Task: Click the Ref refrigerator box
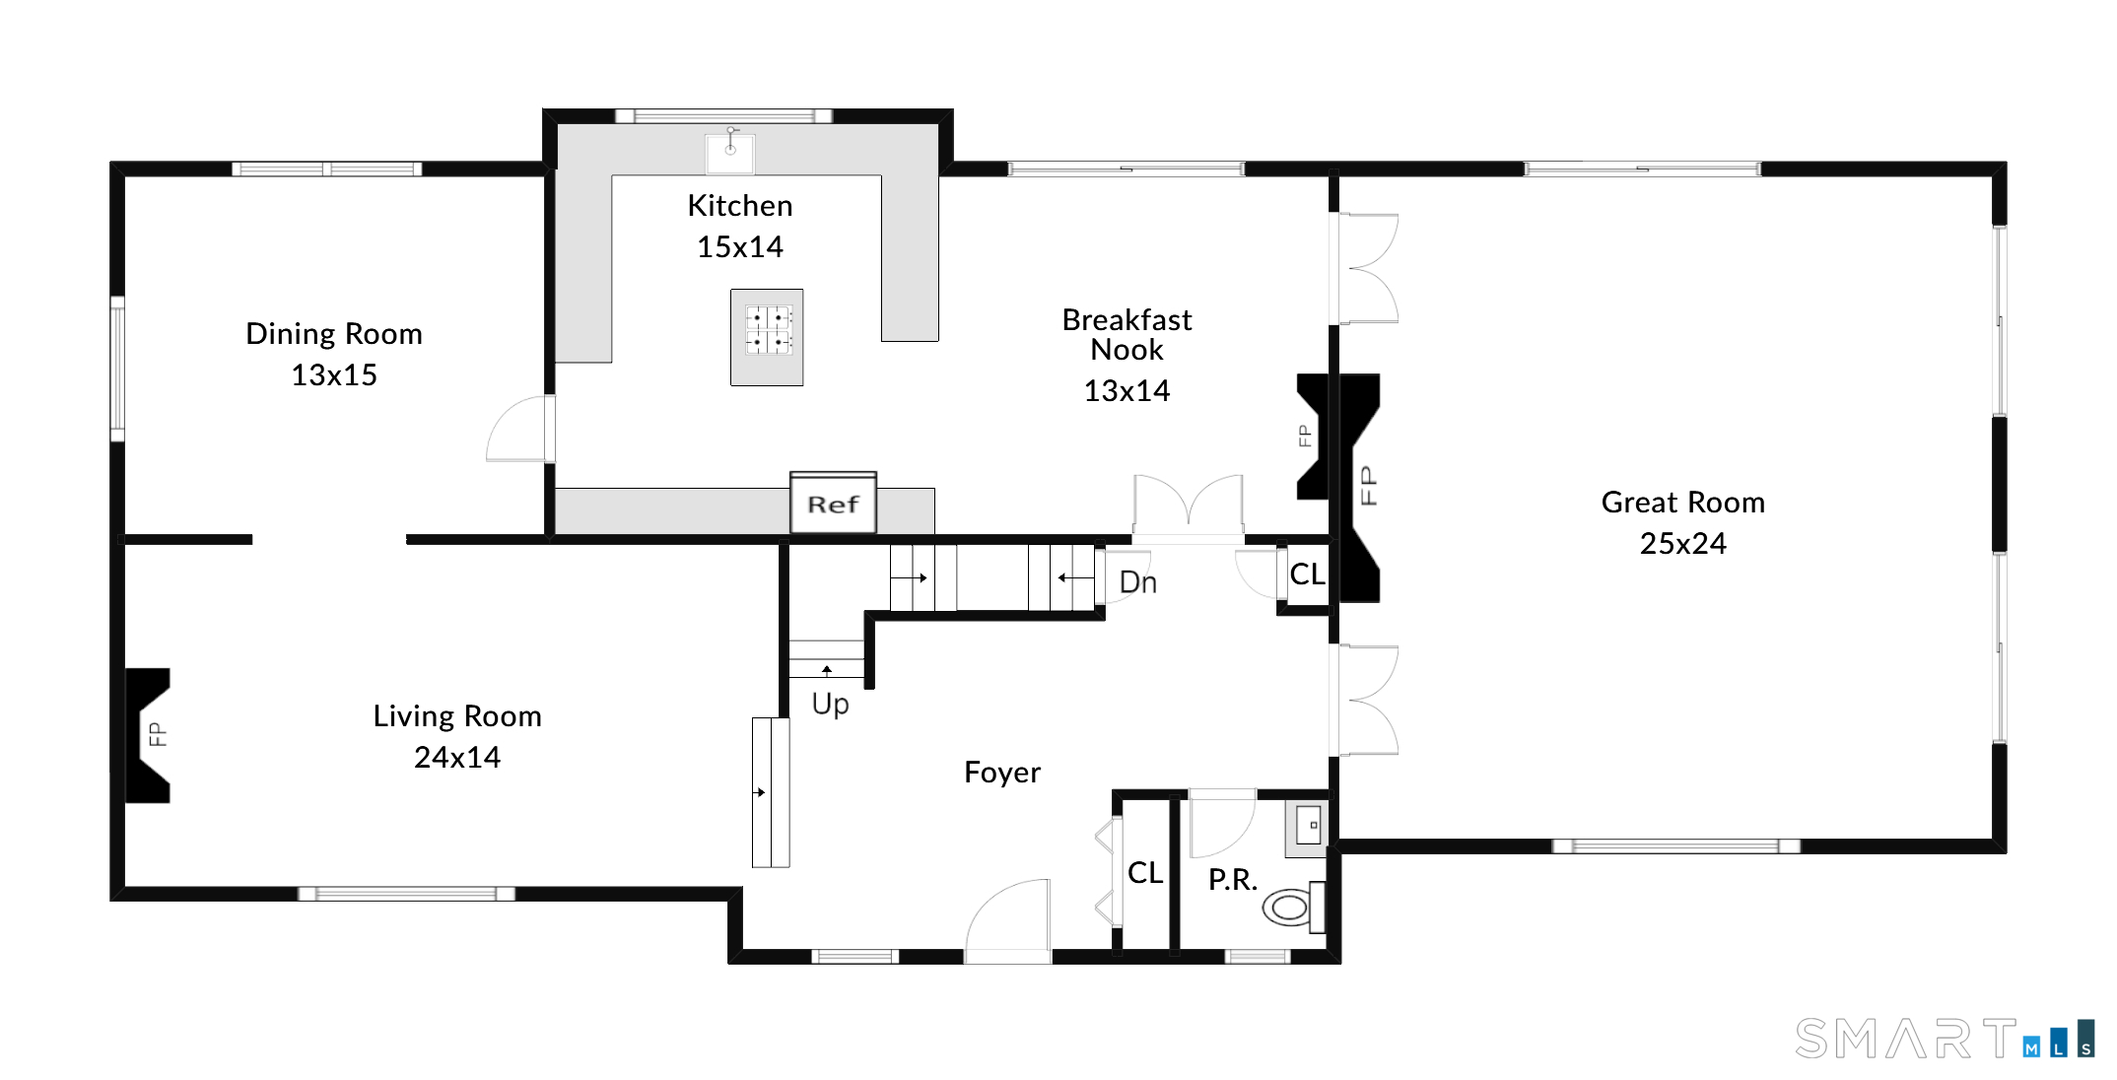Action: tap(833, 505)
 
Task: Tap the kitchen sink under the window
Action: tap(730, 153)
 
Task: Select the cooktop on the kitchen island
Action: tap(768, 330)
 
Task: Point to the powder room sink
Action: tap(1308, 826)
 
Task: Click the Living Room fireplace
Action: tap(148, 735)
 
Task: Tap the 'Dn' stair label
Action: tap(1138, 582)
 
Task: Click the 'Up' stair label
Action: tap(830, 704)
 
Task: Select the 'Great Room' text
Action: tap(1682, 503)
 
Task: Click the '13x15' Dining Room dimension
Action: tap(334, 375)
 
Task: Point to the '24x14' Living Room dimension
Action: tap(457, 757)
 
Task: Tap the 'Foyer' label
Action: tap(1001, 773)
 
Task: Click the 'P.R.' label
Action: tap(1232, 879)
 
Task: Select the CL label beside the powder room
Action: tap(1145, 873)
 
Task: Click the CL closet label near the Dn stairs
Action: tap(1307, 574)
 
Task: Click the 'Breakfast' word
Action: tap(1127, 320)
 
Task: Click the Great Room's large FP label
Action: tap(1368, 486)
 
